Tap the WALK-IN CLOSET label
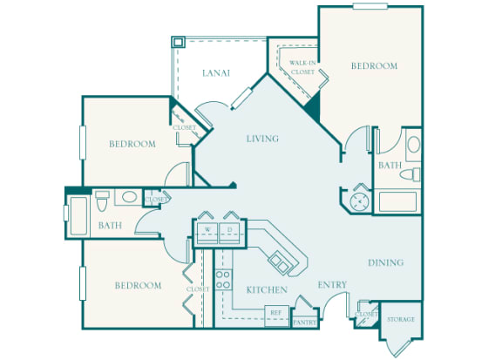pos(302,66)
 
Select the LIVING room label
pos(262,139)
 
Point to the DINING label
pos(384,262)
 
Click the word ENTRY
pos(332,284)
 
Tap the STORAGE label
pos(401,319)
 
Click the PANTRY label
pos(304,322)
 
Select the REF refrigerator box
pos(276,311)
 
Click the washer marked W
pos(209,230)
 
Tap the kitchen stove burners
pos(223,280)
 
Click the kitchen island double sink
pos(280,260)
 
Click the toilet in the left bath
pos(101,200)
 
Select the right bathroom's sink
pos(413,144)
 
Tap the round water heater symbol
pos(360,201)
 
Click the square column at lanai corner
pos(178,42)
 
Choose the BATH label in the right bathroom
pos(390,165)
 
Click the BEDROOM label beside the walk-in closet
pos(374,65)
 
